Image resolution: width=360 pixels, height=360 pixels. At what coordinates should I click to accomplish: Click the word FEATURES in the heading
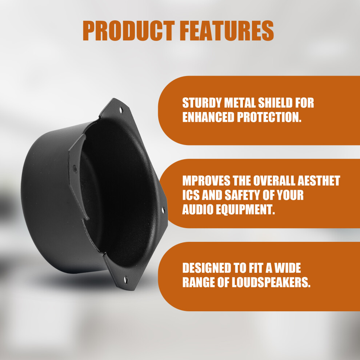point(227,31)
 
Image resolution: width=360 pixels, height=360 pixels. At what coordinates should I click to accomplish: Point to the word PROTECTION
point(269,117)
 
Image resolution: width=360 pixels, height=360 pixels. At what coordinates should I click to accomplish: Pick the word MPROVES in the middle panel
point(206,181)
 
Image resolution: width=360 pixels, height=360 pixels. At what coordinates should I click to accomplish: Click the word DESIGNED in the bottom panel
point(206,268)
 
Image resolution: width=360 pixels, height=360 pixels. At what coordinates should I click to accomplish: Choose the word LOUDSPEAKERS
point(271,283)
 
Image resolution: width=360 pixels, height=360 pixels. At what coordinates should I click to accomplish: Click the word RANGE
point(199,283)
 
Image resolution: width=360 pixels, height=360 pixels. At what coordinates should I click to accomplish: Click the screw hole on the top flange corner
point(121,110)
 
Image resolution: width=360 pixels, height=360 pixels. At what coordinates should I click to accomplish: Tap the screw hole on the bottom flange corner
point(125,280)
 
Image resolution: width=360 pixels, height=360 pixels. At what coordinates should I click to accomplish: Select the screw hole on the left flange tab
point(75,169)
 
